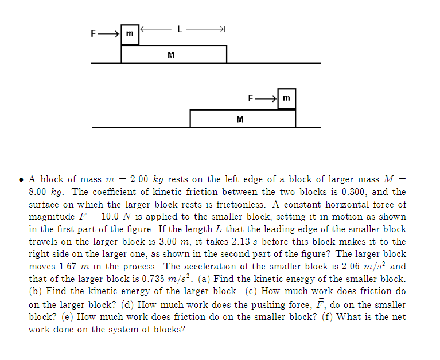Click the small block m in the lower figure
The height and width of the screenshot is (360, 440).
(287, 99)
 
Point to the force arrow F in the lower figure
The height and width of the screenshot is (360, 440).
(266, 99)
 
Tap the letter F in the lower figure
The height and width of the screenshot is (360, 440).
(251, 99)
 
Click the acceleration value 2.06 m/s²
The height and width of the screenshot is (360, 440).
(360, 267)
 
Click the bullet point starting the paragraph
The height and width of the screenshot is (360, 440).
(21, 180)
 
